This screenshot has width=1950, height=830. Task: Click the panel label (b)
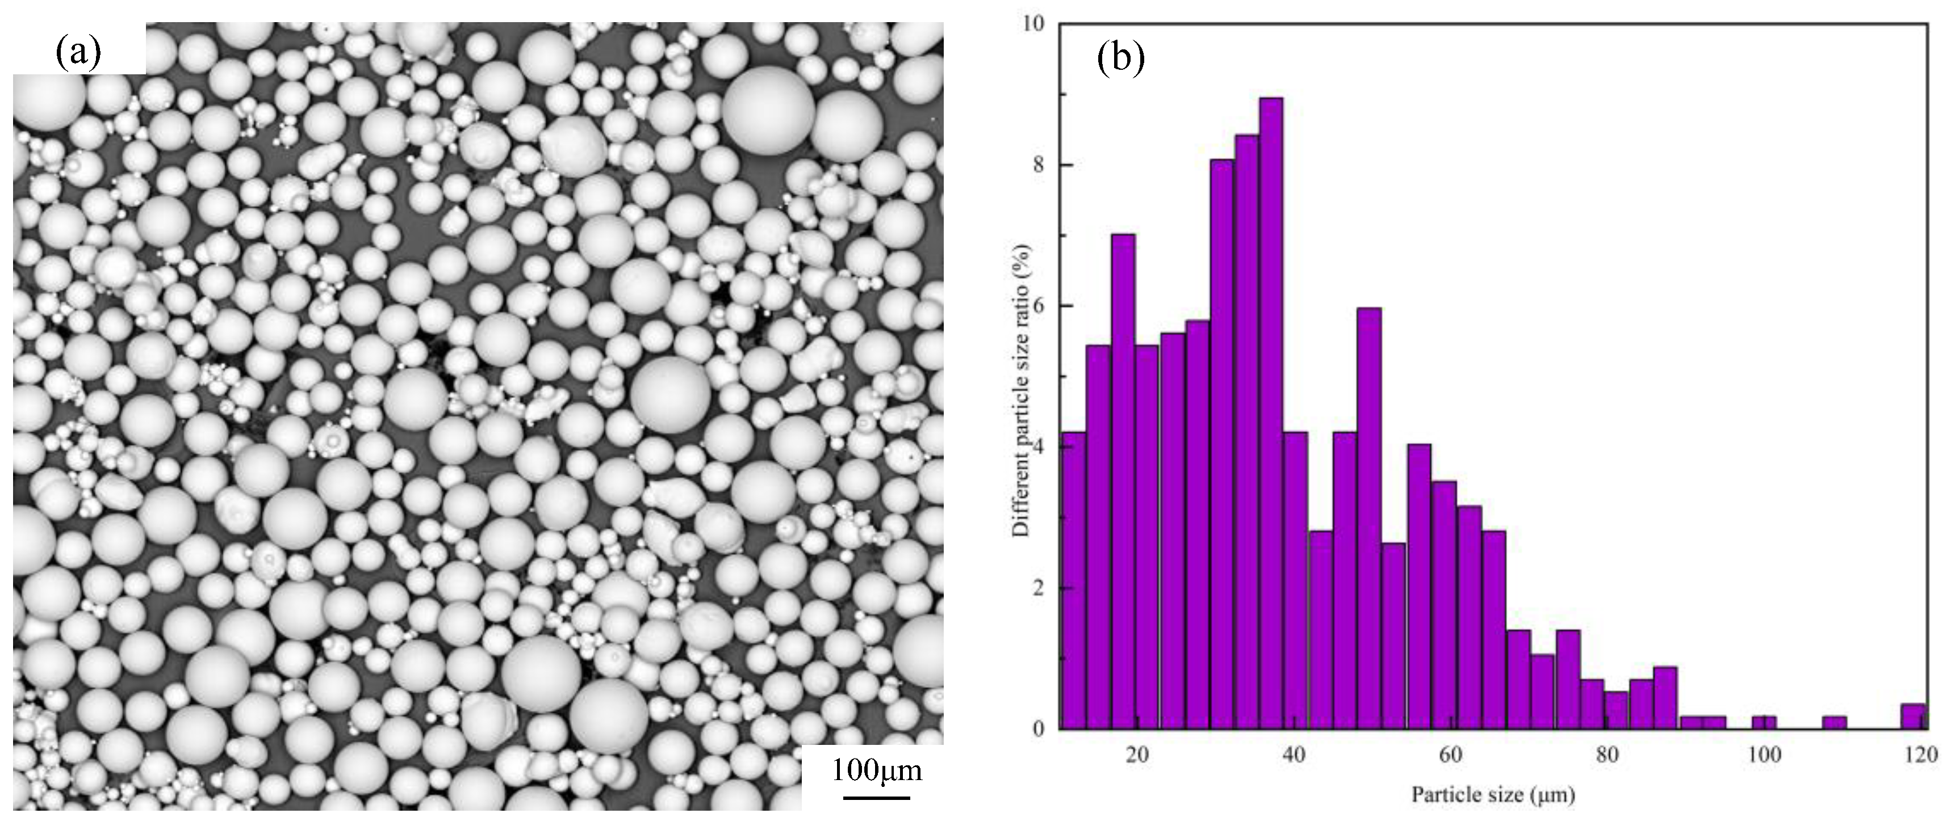1120,58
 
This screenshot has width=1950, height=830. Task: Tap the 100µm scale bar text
877,770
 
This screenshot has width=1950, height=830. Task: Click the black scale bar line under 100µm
877,797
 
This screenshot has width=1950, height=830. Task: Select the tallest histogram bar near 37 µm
1270,412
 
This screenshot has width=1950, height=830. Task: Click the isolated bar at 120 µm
1913,716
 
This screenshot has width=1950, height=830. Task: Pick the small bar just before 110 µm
1834,723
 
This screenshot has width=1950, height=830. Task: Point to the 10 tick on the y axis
1032,24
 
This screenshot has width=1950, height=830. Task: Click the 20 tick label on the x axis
1137,755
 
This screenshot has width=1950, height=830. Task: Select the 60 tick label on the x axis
1450,755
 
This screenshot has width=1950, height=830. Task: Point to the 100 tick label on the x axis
1764,755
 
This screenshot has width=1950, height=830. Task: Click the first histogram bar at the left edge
1073,580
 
